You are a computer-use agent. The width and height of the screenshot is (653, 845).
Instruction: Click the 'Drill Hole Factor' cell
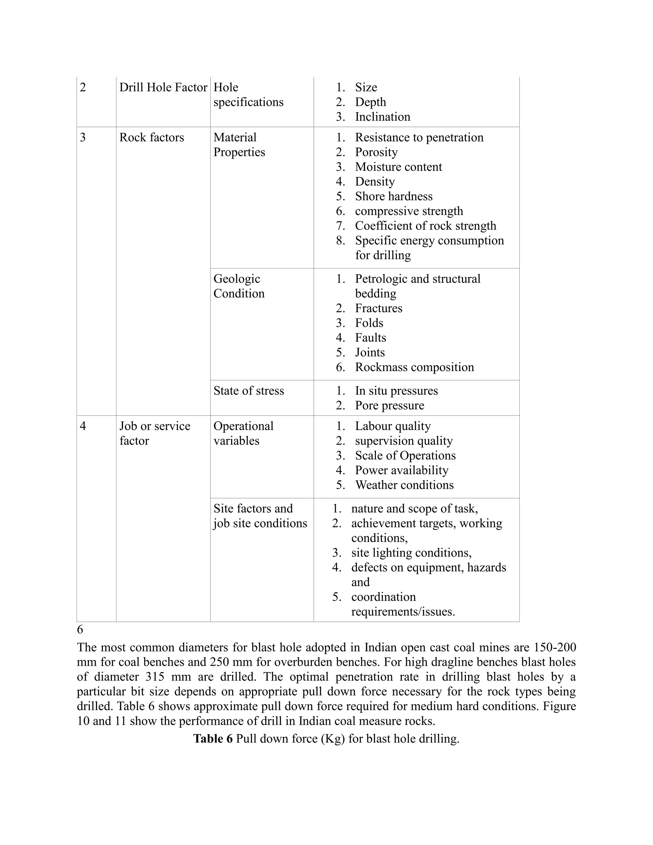163,87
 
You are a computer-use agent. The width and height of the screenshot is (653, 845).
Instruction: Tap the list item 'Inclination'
382,117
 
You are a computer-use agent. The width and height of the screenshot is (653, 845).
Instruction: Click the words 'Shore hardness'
393,196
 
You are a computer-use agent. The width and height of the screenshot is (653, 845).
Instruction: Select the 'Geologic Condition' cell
239,286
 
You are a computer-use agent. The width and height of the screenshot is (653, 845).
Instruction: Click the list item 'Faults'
370,338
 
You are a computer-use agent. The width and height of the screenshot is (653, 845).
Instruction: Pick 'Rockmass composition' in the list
414,367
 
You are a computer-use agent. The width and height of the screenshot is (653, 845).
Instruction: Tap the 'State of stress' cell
248,391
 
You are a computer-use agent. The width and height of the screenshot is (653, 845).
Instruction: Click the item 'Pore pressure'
389,406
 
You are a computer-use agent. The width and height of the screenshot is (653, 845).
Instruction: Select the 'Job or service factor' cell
154,433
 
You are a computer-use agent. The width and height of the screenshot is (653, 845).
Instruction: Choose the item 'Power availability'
401,470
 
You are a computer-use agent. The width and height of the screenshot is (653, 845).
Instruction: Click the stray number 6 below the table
80,629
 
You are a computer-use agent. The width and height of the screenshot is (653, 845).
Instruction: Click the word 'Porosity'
376,152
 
